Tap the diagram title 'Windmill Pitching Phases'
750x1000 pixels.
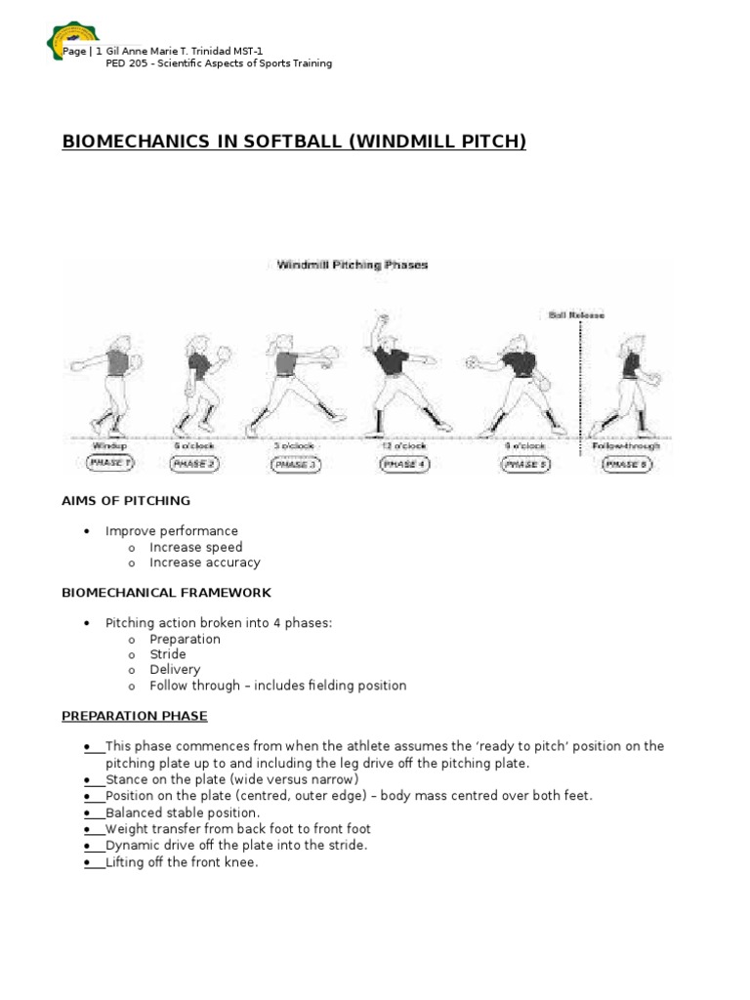click(352, 264)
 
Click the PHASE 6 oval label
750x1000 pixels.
click(625, 464)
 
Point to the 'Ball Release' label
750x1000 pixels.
click(576, 315)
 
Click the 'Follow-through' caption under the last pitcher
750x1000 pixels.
click(626, 445)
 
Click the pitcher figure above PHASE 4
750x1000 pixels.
click(398, 371)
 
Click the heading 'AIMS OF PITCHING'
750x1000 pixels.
click(126, 501)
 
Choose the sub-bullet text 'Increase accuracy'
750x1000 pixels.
click(204, 562)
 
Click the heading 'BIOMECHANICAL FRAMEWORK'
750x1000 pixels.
click(166, 593)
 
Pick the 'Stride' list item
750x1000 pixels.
click(167, 654)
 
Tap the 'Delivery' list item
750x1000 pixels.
click(174, 670)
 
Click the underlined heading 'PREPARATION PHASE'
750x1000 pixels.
click(135, 716)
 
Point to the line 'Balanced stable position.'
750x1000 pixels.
click(183, 812)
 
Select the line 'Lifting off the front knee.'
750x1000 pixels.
click(182, 862)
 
